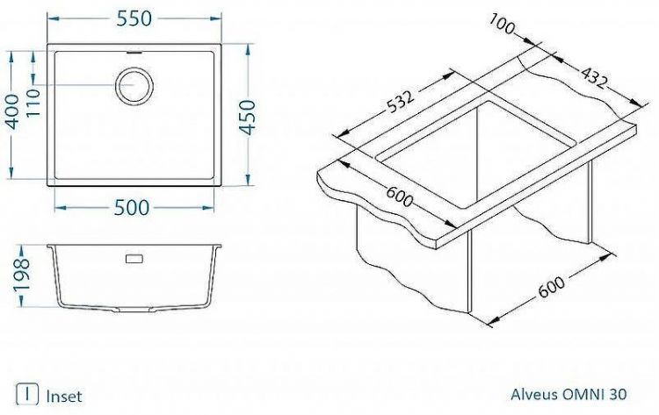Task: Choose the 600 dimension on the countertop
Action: click(x=398, y=200)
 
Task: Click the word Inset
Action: click(x=64, y=396)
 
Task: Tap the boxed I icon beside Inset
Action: click(x=30, y=395)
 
